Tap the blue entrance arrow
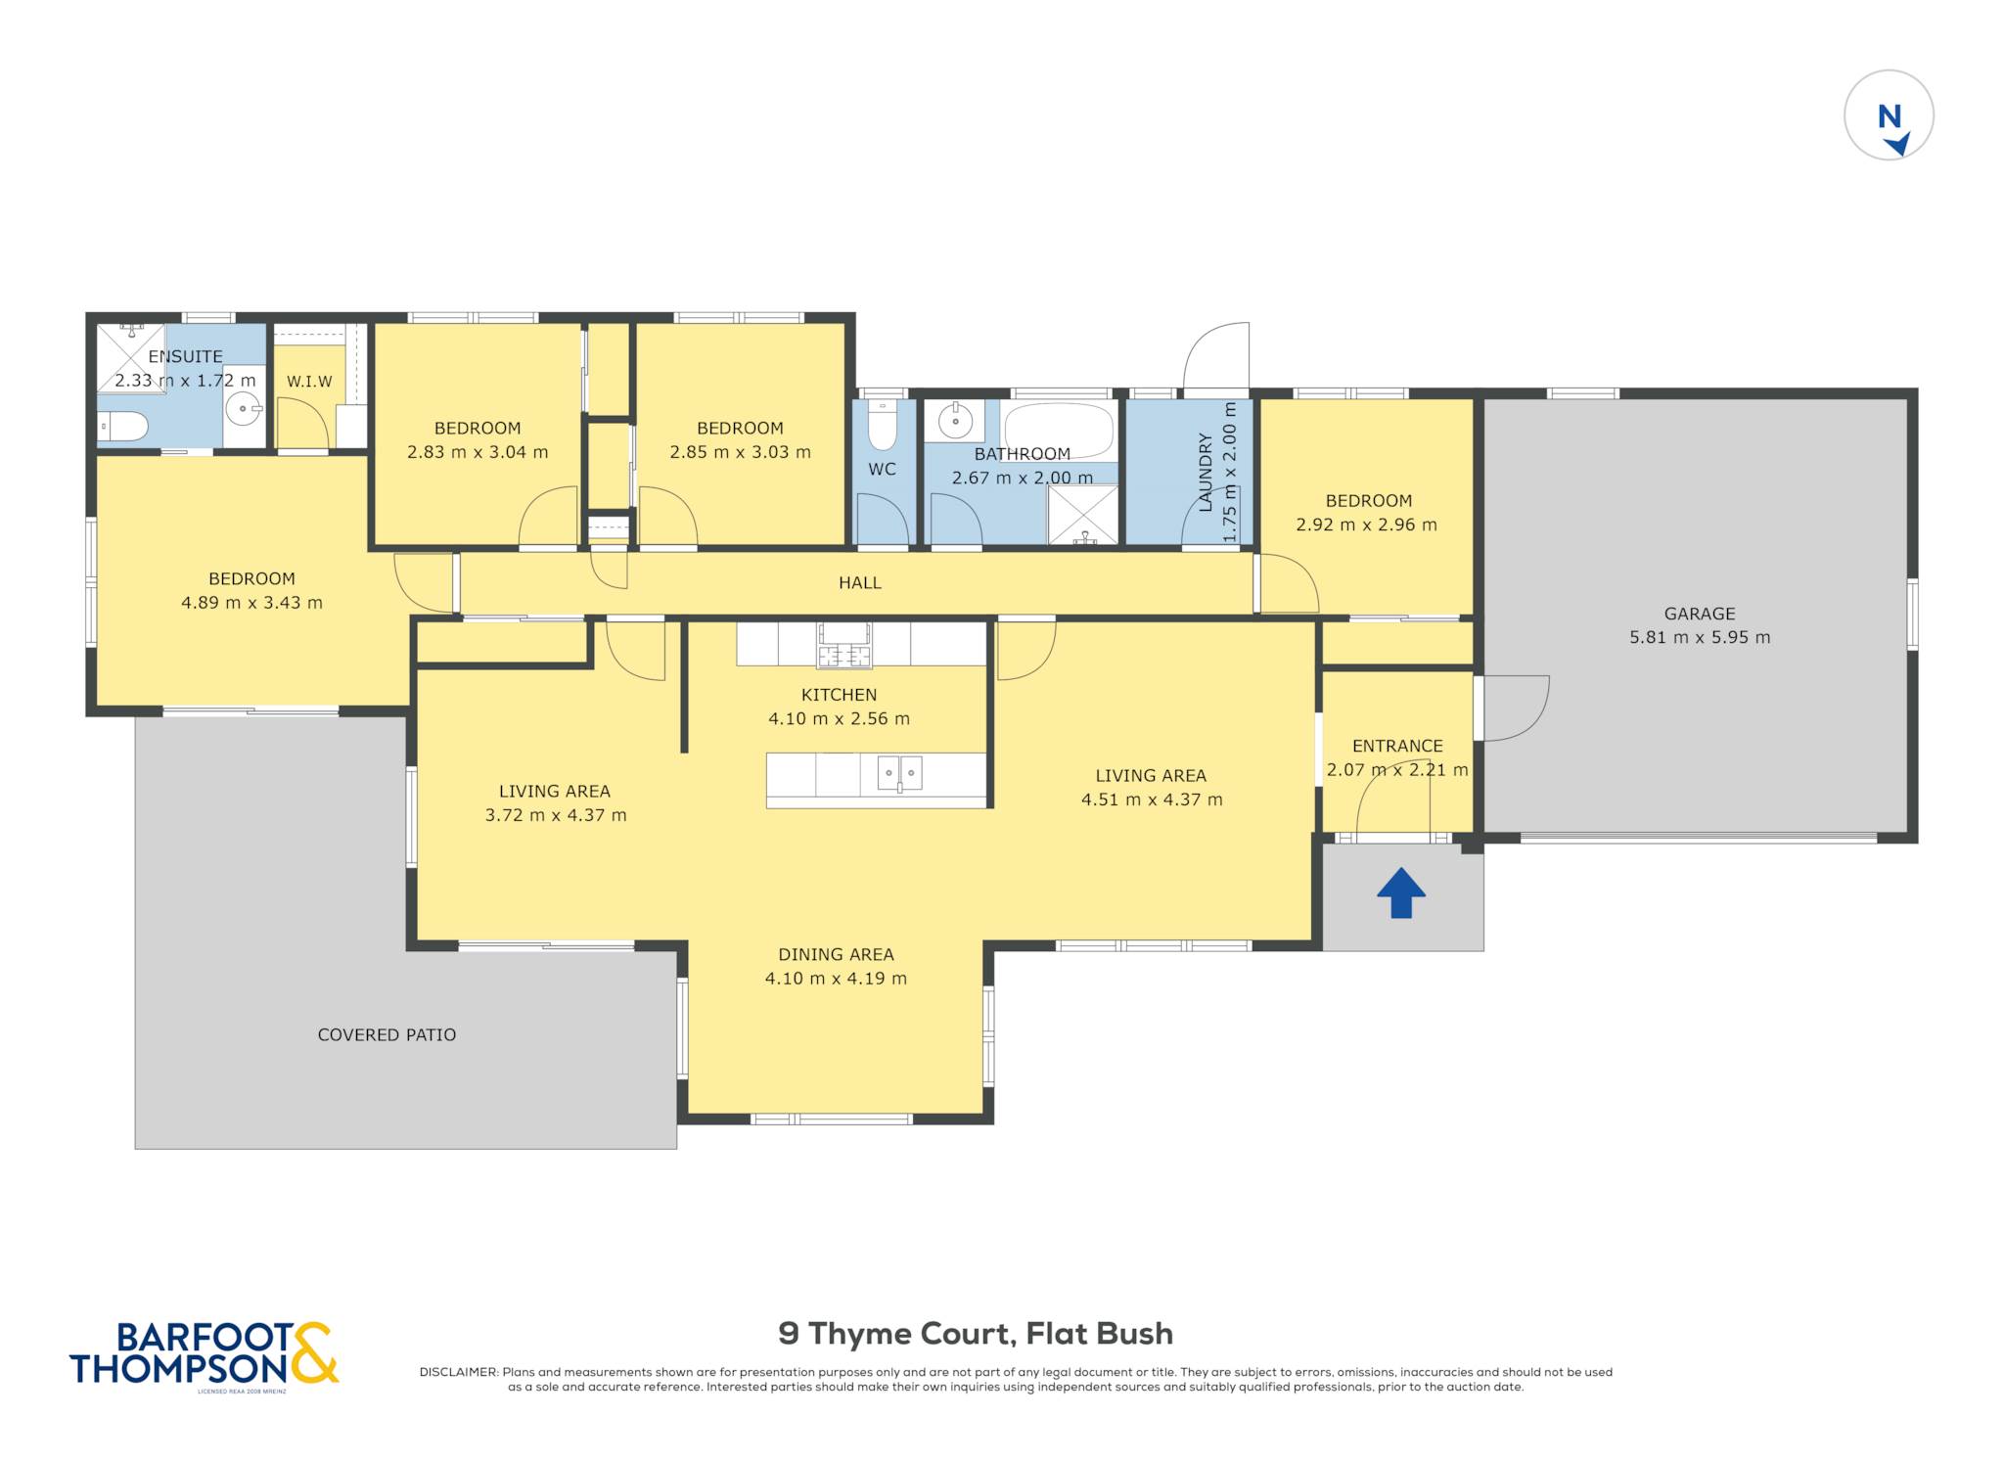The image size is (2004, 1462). pos(1401,892)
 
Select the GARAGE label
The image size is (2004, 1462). pos(1700,614)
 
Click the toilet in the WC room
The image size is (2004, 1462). pos(882,426)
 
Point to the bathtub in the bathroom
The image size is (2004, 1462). pos(1059,430)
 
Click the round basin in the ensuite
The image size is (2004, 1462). pos(243,408)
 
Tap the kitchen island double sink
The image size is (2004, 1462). pos(899,773)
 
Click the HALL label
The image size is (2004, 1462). pos(860,583)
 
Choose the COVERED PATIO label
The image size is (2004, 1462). pos(387,1035)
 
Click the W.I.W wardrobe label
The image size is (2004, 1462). pos(309,382)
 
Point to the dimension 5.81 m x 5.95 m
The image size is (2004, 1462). pos(1700,637)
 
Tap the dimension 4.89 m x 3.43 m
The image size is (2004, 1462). pos(251,603)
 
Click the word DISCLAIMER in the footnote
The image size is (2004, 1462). pos(459,1372)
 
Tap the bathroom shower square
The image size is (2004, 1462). pos(1083,514)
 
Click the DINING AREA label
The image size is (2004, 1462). pos(836,955)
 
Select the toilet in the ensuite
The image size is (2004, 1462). pos(122,427)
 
